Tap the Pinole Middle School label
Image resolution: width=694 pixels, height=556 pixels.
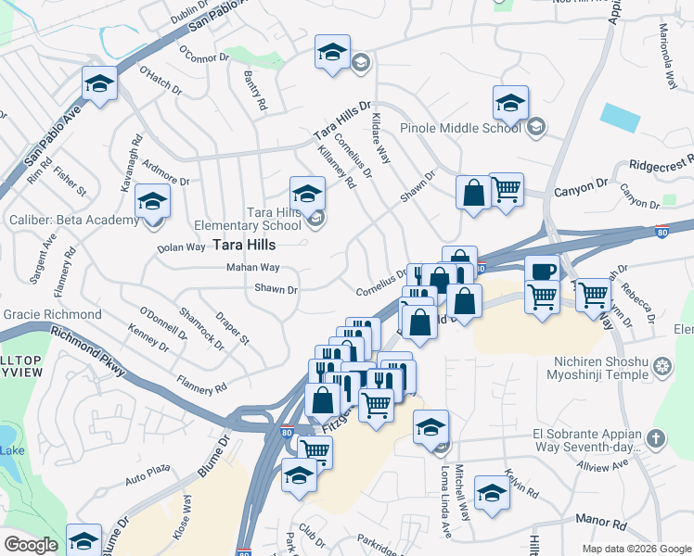[460, 128]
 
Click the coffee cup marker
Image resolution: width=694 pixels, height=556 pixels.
[542, 271]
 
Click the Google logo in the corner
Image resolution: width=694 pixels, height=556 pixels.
[32, 545]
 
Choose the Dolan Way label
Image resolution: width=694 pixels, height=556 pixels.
[181, 247]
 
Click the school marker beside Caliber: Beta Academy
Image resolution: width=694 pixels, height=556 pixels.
[151, 202]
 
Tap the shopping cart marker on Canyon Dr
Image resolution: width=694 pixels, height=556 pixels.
[506, 190]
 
